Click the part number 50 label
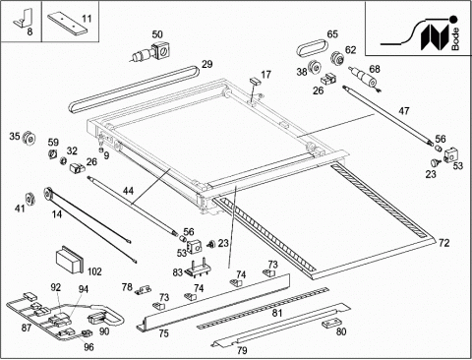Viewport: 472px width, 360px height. pyautogui.click(x=157, y=34)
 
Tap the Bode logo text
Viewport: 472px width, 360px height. pyautogui.click(x=455, y=38)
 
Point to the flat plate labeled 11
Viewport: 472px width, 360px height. pyautogui.click(x=68, y=24)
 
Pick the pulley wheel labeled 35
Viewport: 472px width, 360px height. pyautogui.click(x=29, y=139)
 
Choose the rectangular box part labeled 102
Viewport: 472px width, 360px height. pyautogui.click(x=70, y=260)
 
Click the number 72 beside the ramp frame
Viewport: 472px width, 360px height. pyautogui.click(x=443, y=243)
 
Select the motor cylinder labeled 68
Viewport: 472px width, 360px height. pyautogui.click(x=365, y=78)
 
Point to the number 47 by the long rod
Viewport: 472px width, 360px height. pyautogui.click(x=404, y=111)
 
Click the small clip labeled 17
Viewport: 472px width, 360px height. pyautogui.click(x=255, y=81)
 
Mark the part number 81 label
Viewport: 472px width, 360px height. pyautogui.click(x=277, y=313)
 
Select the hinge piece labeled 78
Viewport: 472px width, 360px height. pyautogui.click(x=144, y=290)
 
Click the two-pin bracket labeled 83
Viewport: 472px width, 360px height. pyautogui.click(x=197, y=266)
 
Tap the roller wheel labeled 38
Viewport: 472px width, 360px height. pyautogui.click(x=314, y=68)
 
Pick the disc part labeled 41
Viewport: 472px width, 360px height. pyautogui.click(x=30, y=199)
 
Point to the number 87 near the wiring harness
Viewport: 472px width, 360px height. pyautogui.click(x=27, y=328)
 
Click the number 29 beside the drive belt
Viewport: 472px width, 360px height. pyautogui.click(x=206, y=64)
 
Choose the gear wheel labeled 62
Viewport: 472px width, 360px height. pyautogui.click(x=336, y=58)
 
